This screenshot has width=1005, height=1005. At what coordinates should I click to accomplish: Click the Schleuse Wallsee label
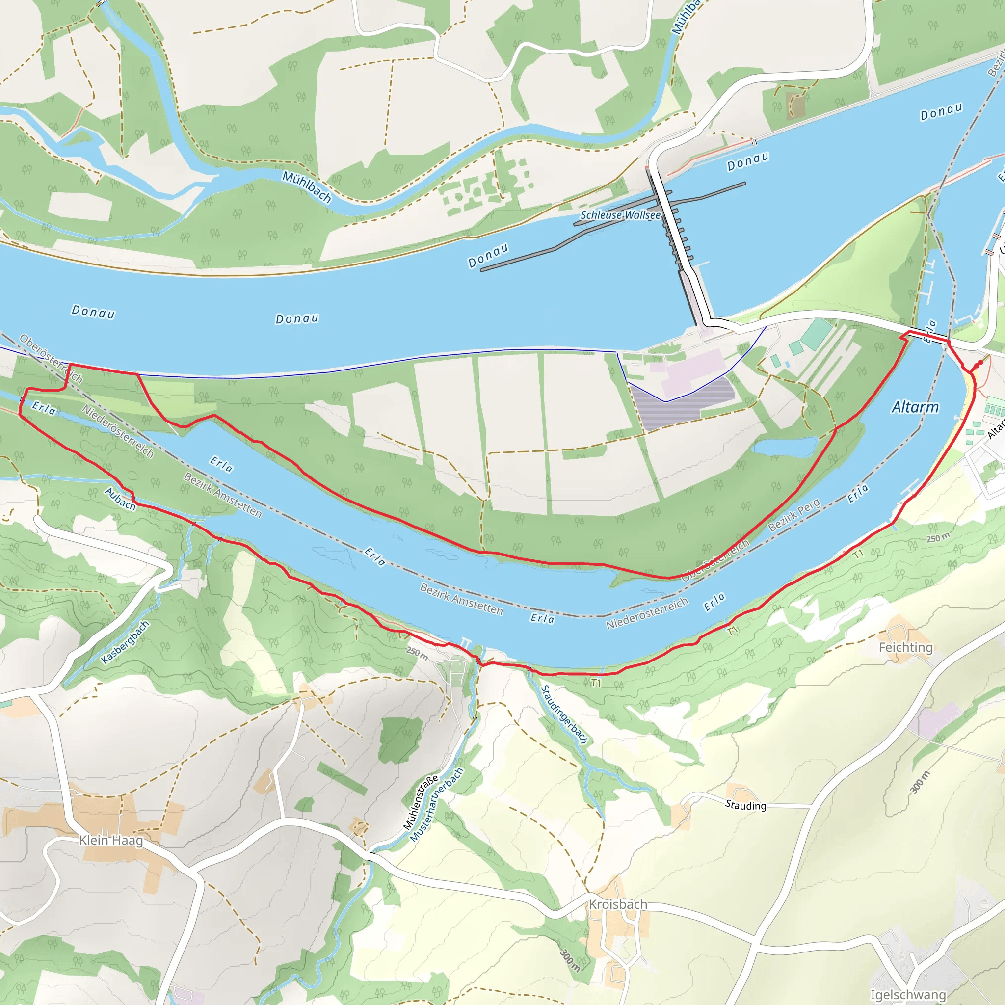point(620,215)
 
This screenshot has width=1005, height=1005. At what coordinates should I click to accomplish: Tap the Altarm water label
point(915,407)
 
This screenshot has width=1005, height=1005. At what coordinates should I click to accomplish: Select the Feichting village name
point(906,647)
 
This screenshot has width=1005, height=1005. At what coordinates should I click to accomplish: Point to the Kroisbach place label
point(618,904)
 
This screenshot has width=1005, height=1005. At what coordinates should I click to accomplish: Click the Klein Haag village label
point(111,840)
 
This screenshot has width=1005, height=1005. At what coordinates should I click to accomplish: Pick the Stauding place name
point(745,805)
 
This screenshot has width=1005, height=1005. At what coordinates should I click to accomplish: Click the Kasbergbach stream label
point(125,642)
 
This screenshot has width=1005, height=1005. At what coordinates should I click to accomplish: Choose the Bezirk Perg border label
point(794,514)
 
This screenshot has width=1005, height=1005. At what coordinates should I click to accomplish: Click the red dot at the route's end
point(980,362)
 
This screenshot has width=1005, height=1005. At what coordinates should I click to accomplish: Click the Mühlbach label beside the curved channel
point(307,186)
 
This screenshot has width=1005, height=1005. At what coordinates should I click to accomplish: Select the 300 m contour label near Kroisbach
point(570,960)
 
